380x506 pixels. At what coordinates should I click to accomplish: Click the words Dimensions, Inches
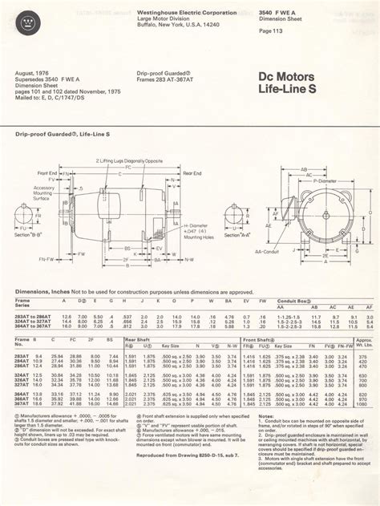41,292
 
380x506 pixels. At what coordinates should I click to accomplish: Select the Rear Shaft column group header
138,340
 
